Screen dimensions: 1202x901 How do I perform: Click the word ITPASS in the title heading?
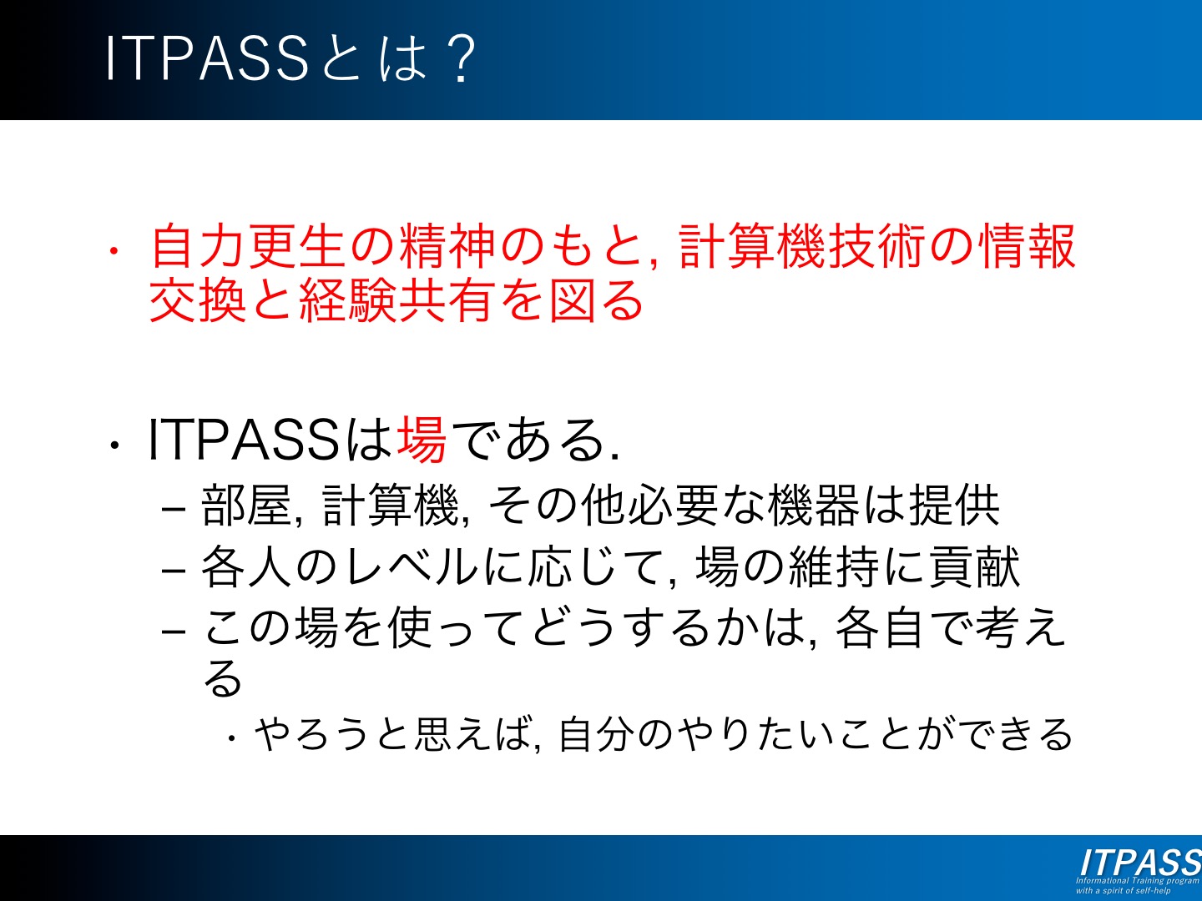tap(207, 58)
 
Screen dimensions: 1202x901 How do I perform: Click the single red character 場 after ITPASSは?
tap(421, 440)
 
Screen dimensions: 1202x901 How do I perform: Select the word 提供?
tap(954, 505)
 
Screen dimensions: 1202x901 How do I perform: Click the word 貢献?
tap(975, 566)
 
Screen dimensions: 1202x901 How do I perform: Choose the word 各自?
tap(880, 627)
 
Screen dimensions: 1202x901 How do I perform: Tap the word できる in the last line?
tap(1015, 733)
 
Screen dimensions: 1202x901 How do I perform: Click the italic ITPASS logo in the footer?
tap(1140, 863)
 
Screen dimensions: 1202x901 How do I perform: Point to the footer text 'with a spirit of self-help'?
tap(1124, 890)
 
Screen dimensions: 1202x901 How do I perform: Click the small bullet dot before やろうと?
tap(232, 738)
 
